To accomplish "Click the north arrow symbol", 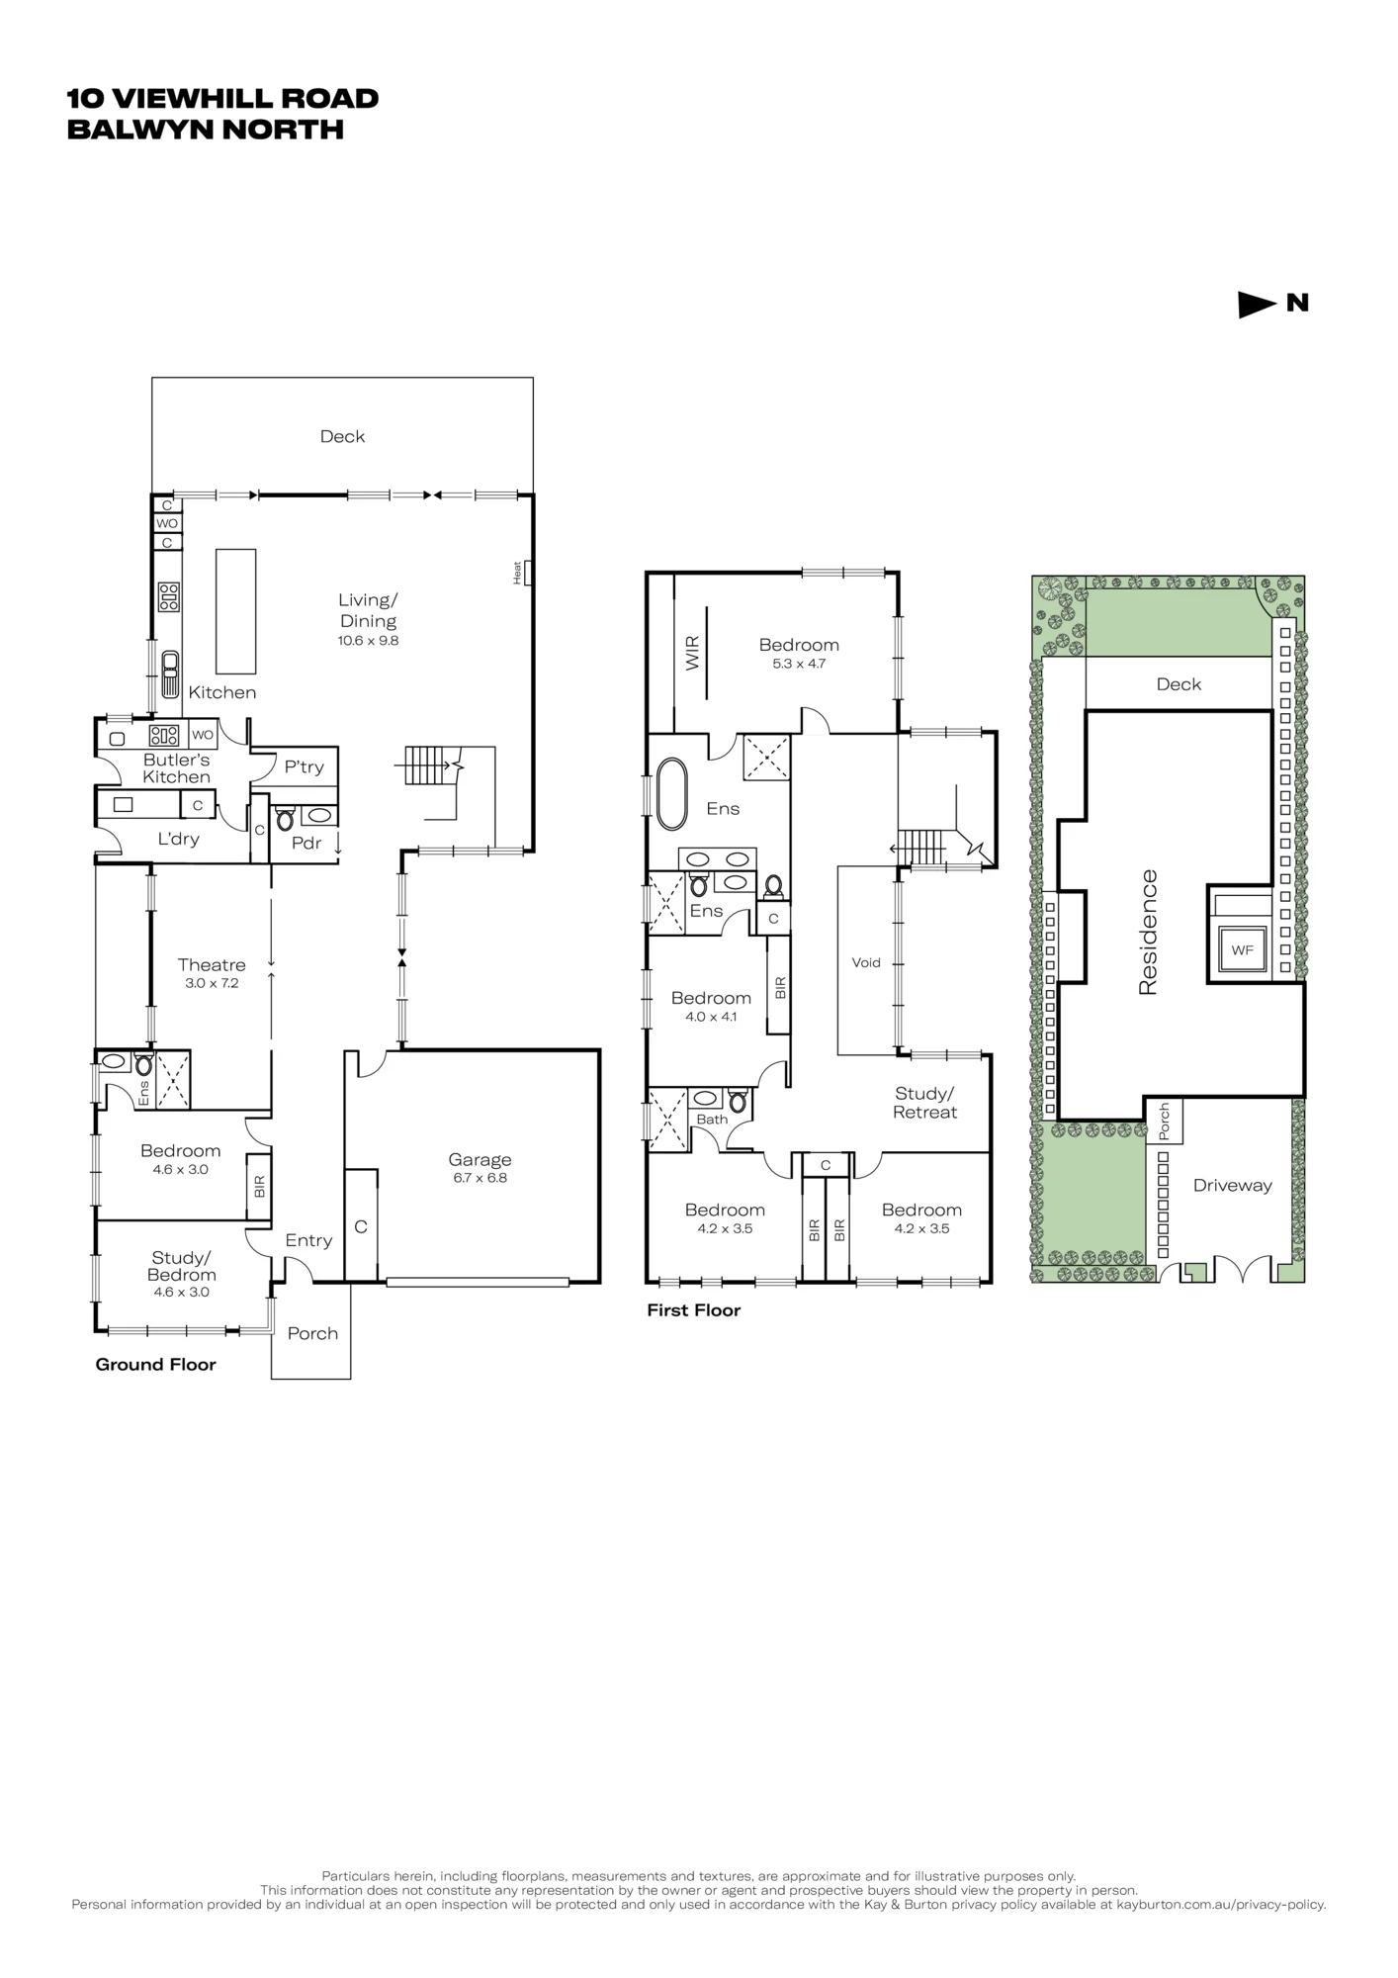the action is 1257,305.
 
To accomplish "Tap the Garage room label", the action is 480,1159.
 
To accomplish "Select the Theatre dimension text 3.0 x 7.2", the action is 212,983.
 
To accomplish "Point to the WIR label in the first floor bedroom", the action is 692,653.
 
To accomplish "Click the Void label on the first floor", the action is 866,962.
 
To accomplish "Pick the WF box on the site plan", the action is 1243,950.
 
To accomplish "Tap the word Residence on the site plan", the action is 1148,932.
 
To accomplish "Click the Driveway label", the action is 1232,1185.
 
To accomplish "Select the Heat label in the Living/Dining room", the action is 516,573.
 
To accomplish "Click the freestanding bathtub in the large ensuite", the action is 671,794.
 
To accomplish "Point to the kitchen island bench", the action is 236,611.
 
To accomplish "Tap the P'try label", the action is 304,766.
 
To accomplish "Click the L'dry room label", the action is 179,839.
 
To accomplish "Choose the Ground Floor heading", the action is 155,1365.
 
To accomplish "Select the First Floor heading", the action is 693,1310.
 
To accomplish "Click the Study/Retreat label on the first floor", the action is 924,1103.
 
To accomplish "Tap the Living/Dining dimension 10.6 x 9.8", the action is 368,640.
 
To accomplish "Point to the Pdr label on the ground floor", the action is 306,843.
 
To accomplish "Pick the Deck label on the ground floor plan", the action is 342,436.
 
